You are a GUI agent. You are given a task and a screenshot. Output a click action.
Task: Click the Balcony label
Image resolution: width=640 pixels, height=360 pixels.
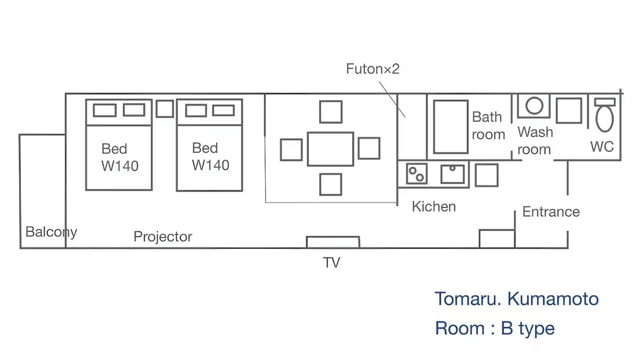coord(51,232)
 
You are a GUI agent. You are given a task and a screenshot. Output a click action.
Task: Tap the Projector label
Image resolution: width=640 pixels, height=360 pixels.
coord(163,237)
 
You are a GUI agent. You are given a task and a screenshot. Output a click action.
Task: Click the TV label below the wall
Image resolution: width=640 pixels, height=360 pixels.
coord(331,262)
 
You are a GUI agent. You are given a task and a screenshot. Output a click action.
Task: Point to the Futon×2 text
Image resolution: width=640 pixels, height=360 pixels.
coord(372,69)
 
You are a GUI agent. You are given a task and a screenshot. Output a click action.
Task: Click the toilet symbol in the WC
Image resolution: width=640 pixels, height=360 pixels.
coord(604,115)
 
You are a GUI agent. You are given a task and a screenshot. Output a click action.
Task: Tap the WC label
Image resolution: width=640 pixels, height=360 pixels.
coord(602,147)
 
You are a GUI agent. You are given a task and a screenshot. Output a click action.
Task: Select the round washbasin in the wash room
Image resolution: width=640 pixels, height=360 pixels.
coord(534,105)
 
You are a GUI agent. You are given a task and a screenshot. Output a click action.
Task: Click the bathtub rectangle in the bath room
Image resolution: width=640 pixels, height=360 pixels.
coord(450,126)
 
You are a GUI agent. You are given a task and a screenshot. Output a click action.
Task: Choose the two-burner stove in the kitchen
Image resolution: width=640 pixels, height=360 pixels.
coord(416,173)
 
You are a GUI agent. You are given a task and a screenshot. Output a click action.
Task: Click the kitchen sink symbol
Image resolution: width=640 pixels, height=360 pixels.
coord(452,173)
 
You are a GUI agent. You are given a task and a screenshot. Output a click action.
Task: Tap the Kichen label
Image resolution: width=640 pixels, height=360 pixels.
coord(433,206)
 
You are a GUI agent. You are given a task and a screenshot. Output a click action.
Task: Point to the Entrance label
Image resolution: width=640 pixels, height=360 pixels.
coord(551,212)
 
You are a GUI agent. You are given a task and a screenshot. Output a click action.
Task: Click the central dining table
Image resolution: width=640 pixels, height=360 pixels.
coord(330,149)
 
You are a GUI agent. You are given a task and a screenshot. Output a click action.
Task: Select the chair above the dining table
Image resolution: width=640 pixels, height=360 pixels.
coord(331,111)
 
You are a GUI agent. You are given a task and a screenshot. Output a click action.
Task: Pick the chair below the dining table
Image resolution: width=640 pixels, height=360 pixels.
coord(330,184)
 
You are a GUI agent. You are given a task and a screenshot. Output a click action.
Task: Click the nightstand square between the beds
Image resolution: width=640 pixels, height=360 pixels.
coord(165,108)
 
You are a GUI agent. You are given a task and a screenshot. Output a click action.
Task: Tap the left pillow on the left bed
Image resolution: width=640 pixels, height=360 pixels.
coord(104,110)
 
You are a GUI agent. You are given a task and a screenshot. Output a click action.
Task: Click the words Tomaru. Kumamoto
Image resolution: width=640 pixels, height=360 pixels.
coord(516,299)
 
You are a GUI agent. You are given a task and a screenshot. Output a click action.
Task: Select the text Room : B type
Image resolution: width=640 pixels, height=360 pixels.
coord(494,328)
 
